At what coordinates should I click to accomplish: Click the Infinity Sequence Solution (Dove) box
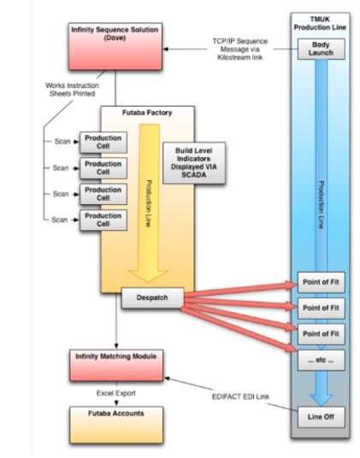point(115,46)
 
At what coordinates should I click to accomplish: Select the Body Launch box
point(322,49)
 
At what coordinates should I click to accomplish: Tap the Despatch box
point(152,297)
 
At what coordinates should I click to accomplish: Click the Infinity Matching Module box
point(116,365)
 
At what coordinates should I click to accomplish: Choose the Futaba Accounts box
point(116,425)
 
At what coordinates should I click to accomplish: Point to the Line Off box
point(322,417)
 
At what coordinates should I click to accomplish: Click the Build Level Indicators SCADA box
point(194,162)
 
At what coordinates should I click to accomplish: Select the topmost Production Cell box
point(103,142)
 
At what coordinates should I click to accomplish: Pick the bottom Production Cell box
point(103,220)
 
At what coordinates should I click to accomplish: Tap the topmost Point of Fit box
point(322,282)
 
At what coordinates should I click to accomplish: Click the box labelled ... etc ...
point(322,360)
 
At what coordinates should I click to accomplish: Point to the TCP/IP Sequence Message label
point(240,49)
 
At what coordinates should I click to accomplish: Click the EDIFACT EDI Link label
point(240,396)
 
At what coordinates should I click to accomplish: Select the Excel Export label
point(116,393)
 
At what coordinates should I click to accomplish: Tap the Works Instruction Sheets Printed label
point(72,90)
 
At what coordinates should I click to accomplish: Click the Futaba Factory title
point(147,113)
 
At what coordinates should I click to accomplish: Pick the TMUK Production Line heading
point(320,23)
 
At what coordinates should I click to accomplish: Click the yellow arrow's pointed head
point(148,282)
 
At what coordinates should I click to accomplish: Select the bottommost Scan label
point(60,220)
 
